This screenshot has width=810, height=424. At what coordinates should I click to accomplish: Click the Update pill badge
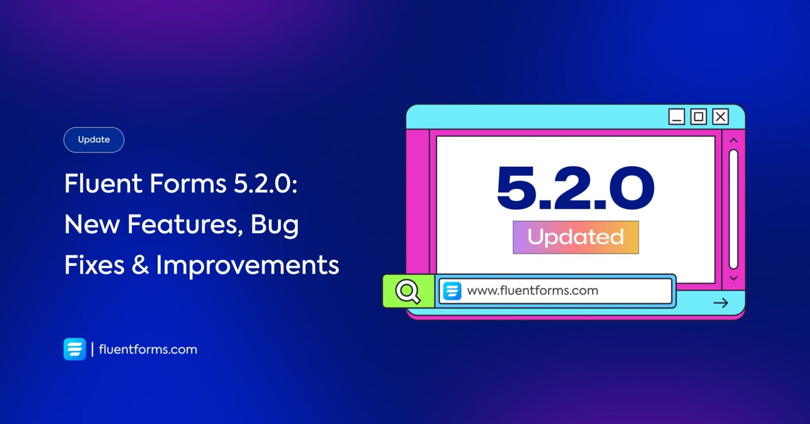tap(94, 140)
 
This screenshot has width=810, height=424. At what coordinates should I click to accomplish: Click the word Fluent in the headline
tap(103, 183)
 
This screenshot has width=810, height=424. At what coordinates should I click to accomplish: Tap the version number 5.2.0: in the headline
tap(265, 183)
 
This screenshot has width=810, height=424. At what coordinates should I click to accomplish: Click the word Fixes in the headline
tap(94, 264)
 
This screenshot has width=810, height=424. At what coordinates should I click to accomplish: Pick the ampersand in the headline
tap(140, 264)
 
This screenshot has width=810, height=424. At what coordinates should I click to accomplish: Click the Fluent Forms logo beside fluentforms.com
tap(75, 349)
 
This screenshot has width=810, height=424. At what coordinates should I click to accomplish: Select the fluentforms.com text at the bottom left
tap(148, 350)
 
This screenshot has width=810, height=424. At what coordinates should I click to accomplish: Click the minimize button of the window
tap(677, 117)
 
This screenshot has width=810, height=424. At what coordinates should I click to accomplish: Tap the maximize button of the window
tap(699, 117)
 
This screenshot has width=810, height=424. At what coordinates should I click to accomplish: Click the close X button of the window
tap(721, 117)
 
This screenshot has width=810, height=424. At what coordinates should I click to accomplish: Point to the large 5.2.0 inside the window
tap(576, 188)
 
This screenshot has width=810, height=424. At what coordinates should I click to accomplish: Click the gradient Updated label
tap(576, 237)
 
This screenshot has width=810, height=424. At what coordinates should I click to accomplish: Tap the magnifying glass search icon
tap(408, 291)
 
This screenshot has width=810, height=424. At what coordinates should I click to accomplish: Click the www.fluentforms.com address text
tap(533, 291)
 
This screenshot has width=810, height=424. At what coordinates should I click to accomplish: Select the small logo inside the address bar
tap(452, 291)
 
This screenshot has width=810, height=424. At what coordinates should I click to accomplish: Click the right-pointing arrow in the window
tap(721, 303)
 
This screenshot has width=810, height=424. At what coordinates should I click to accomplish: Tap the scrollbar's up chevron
tap(734, 140)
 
